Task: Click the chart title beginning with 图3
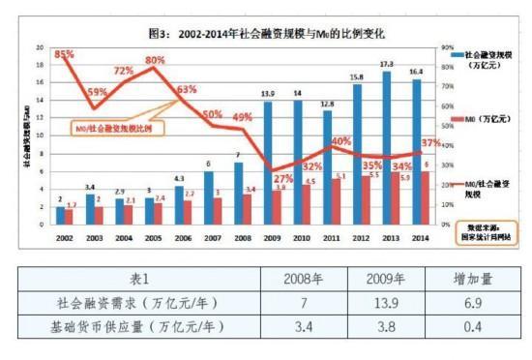pos(266,32)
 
